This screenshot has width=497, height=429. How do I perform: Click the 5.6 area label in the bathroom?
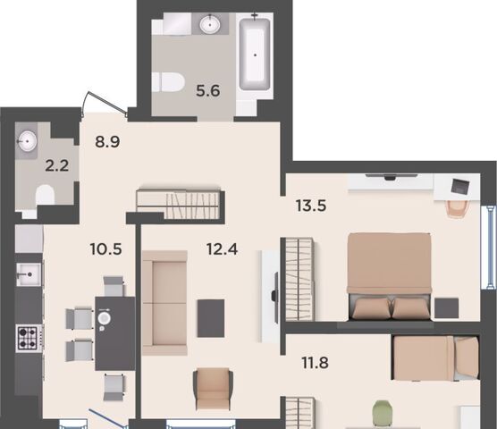coord(208,91)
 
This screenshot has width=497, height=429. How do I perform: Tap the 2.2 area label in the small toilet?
coord(57,165)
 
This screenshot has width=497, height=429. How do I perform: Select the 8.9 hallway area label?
coord(107,141)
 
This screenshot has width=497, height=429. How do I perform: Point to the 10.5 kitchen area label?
coord(105,249)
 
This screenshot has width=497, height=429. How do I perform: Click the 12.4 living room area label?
coord(222,249)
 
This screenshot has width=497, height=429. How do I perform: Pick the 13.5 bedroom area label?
coord(311,206)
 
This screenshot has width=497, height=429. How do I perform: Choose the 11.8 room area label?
coord(315,363)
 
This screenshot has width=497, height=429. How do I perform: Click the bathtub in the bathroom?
coord(255,55)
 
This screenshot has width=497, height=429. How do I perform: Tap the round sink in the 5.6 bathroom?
coord(210,23)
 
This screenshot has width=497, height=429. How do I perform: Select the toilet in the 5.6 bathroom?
coord(168,82)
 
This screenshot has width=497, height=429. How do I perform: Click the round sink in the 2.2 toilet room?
coord(27,140)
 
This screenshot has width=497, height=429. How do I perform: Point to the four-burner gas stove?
coord(29,339)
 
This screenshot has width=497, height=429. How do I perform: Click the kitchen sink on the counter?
coord(29,274)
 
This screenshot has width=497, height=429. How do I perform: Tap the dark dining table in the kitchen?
coord(115,333)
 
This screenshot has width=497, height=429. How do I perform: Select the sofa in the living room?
coord(164,303)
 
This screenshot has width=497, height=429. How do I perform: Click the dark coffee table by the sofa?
coord(211,318)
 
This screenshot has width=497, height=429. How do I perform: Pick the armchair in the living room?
coord(213,389)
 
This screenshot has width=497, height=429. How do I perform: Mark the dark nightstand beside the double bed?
coord(447,308)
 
